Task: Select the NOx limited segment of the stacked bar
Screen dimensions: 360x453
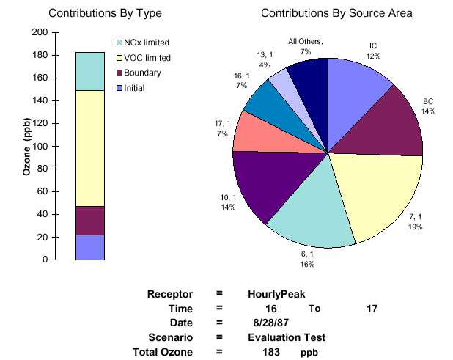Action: click(89, 71)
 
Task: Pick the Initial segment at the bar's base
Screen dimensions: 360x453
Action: click(89, 247)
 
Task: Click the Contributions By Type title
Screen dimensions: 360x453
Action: click(105, 13)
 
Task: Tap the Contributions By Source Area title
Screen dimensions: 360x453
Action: click(336, 13)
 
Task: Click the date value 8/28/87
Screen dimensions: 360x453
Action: click(267, 323)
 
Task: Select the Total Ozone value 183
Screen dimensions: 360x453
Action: click(271, 352)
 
